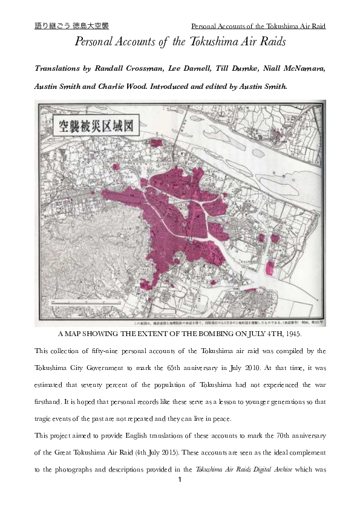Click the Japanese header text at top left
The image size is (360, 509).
tap(71, 26)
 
